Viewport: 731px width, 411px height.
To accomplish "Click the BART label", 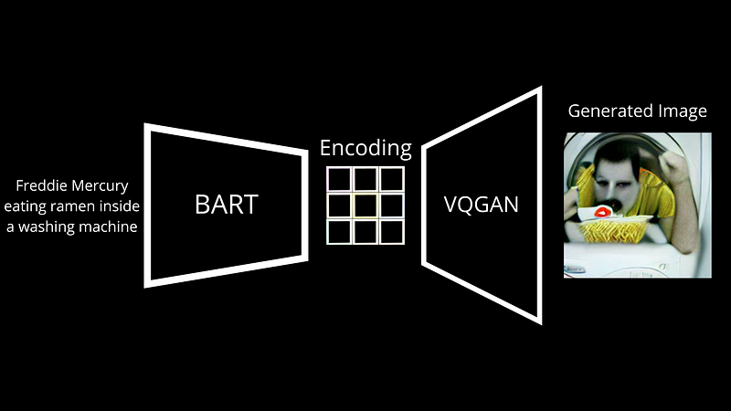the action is (227, 204).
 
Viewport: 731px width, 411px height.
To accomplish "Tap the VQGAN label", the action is (482, 205).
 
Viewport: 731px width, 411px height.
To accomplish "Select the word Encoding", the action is (365, 148).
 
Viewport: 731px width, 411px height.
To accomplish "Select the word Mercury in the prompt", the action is (100, 186).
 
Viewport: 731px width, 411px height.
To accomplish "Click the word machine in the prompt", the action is (110, 227).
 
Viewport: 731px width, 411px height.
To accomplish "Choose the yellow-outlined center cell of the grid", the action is (365, 205).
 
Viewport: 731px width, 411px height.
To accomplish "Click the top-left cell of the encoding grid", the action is (339, 179).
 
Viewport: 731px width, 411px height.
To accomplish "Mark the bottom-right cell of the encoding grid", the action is (392, 232).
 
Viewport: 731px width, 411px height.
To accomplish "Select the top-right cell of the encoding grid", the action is (392, 179).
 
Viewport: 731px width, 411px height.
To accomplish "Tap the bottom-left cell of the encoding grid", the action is (339, 232).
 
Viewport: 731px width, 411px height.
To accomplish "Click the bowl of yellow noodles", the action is (613, 229).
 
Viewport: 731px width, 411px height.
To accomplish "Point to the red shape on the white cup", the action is (603, 213).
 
